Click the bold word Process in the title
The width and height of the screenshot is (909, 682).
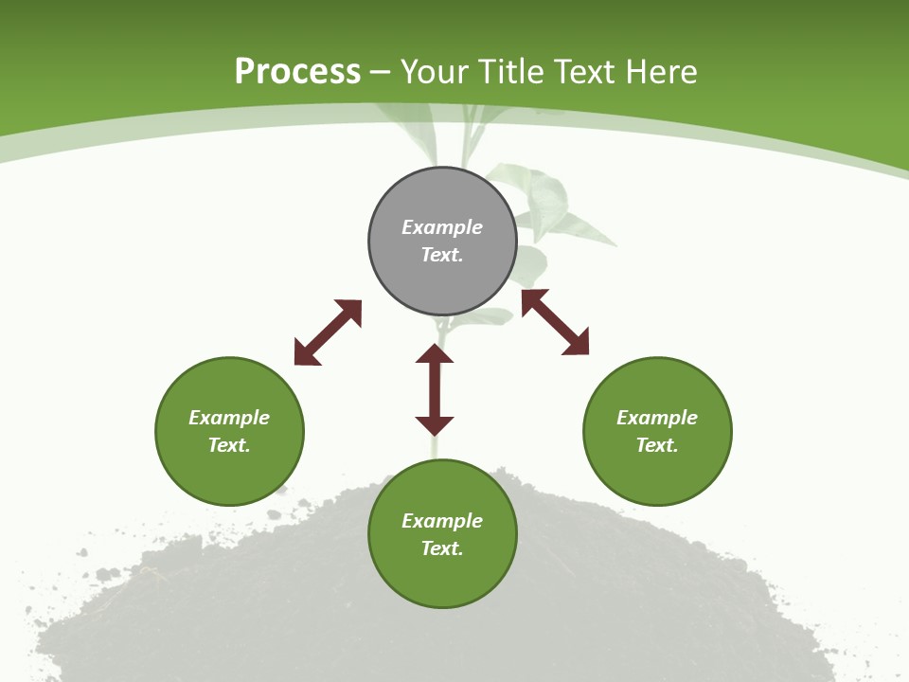click(x=297, y=72)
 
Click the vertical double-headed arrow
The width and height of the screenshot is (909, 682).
click(x=435, y=389)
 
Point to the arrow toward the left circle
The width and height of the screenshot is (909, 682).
click(x=328, y=332)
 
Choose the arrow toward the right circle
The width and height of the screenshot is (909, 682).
click(x=555, y=322)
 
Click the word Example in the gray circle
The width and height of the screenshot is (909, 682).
click(x=442, y=227)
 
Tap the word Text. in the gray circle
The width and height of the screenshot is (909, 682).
click(x=442, y=255)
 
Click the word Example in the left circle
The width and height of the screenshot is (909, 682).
click(x=229, y=418)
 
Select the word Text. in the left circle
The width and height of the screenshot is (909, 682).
click(x=229, y=445)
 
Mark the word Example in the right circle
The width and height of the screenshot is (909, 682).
click(x=657, y=418)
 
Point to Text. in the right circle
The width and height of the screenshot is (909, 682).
click(x=657, y=445)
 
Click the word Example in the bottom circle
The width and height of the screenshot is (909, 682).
click(x=442, y=521)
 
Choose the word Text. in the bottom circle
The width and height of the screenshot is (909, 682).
click(x=442, y=548)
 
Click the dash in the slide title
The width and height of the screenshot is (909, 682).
click(x=381, y=72)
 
